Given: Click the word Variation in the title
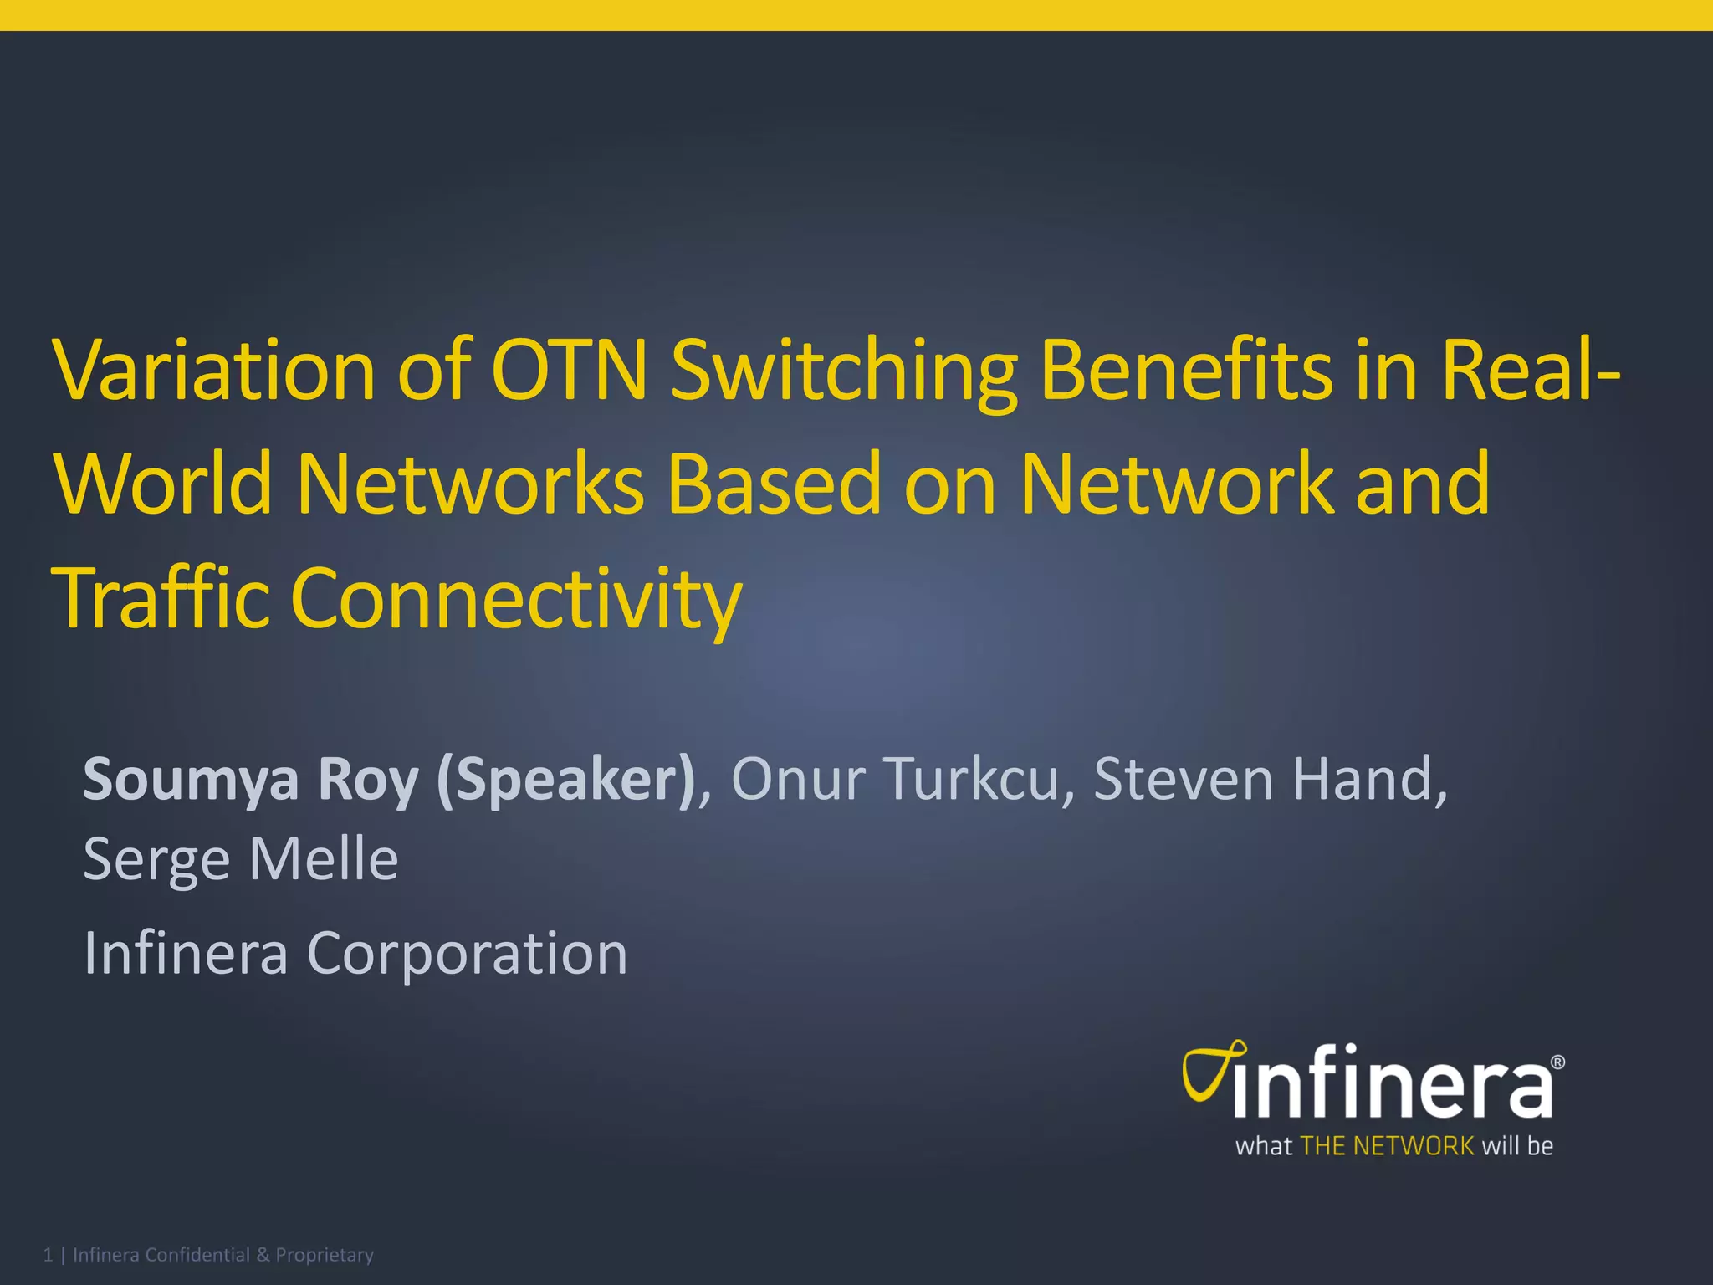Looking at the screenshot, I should tap(214, 370).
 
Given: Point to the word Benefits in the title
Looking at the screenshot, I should tap(1186, 370).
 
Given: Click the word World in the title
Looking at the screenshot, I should tap(164, 484).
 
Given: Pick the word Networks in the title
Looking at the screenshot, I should tap(470, 484).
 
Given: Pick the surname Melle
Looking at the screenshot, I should tap(324, 860).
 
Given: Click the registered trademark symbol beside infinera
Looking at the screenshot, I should tap(1557, 1062).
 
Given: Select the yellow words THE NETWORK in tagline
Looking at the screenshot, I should tap(1387, 1146).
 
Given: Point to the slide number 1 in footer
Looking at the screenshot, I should tap(48, 1255).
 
